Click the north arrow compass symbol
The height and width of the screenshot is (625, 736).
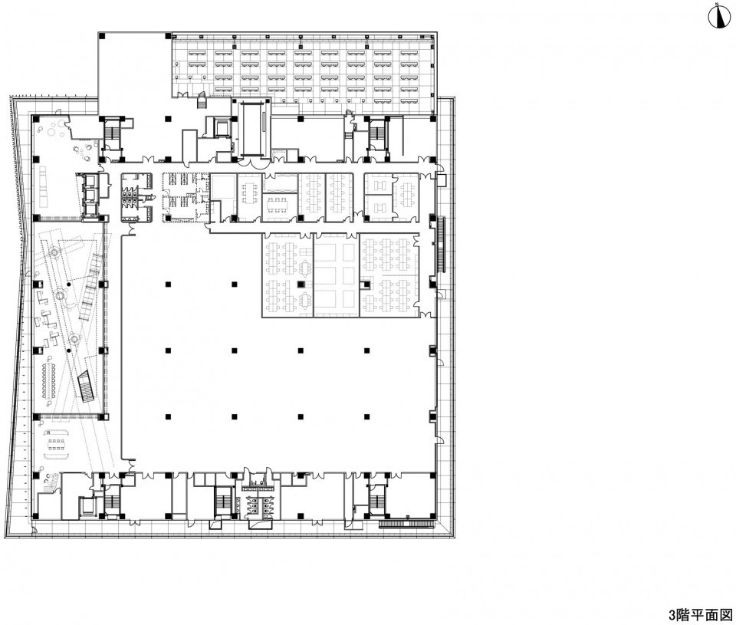[x=718, y=18]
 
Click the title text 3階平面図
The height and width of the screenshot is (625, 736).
[x=700, y=615]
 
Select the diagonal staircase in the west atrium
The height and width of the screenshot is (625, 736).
[x=87, y=386]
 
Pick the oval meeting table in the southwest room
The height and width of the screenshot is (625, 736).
[x=56, y=442]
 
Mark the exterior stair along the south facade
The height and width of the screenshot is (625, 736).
[x=406, y=524]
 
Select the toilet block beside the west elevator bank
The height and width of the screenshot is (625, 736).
[x=136, y=197]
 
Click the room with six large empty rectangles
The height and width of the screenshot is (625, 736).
[x=336, y=275]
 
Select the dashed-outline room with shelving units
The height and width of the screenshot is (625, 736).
[x=185, y=197]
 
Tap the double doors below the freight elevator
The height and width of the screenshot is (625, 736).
[x=252, y=163]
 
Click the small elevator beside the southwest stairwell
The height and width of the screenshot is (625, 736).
[x=87, y=505]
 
